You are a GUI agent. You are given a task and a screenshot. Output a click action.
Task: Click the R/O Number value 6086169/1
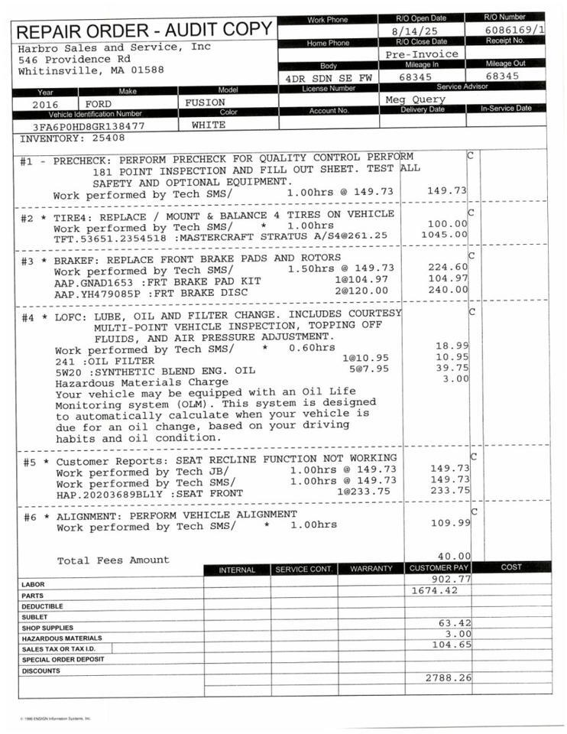tap(514, 30)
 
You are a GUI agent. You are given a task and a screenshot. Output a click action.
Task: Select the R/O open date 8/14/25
tap(422, 30)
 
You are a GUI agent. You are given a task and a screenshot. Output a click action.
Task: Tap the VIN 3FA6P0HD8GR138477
tap(89, 125)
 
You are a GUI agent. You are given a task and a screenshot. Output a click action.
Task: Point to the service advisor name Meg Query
tap(415, 99)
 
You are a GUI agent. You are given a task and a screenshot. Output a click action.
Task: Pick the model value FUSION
tap(205, 102)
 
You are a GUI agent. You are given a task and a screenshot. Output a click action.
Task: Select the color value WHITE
tap(209, 124)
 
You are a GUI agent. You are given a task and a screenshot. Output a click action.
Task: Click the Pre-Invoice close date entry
tap(422, 54)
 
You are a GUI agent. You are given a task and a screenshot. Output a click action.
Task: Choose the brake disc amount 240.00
tap(449, 290)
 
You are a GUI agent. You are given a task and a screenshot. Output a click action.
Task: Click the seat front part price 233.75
tap(449, 491)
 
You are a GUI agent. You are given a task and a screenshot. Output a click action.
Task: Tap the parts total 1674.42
tap(434, 590)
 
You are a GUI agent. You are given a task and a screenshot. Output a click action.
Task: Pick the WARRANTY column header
tap(371, 569)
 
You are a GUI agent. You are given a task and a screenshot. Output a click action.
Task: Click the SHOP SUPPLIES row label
tap(45, 628)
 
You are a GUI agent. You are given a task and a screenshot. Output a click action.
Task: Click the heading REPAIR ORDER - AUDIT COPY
tap(144, 31)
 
